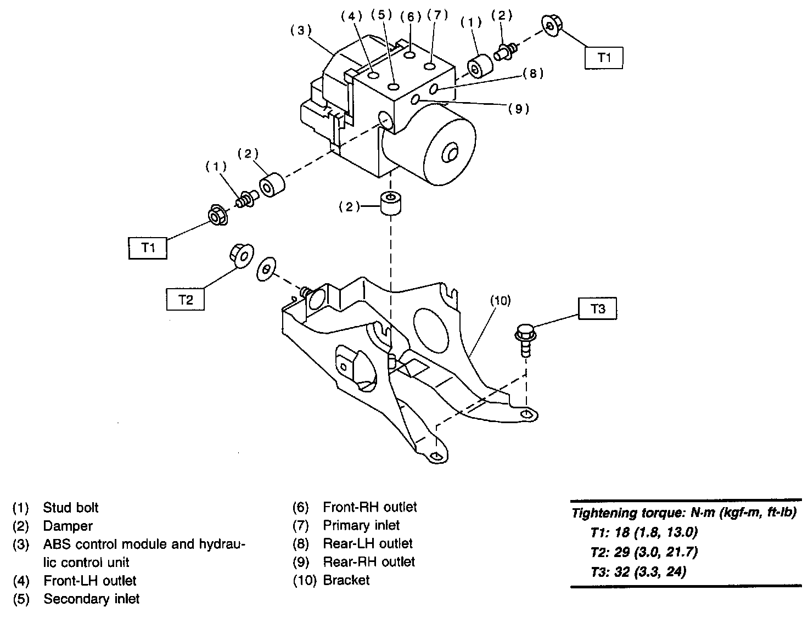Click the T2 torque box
tap(186, 299)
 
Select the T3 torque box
tap(598, 309)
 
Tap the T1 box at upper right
tap(604, 58)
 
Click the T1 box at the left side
tap(148, 248)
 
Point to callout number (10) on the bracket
tap(501, 300)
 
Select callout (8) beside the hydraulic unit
tap(532, 74)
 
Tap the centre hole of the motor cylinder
tap(451, 153)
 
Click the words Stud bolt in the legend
tap(71, 508)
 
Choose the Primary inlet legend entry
tap(361, 525)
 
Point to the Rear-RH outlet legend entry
tap(369, 561)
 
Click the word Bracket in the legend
tap(346, 580)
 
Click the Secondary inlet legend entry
tap(92, 599)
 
